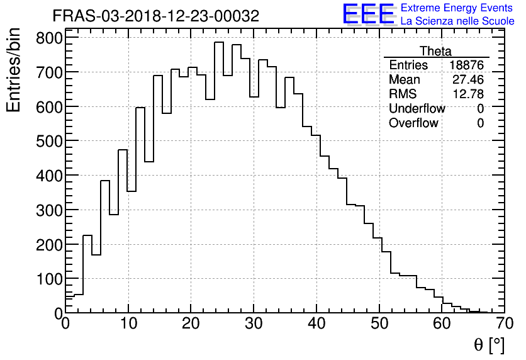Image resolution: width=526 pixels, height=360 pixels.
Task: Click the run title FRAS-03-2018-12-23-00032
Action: pos(155,16)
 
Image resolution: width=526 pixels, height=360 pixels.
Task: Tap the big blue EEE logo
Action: pos(368,14)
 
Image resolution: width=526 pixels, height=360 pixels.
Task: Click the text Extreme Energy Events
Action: pos(457,8)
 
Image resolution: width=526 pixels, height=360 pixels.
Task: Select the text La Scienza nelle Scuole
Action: pos(457,21)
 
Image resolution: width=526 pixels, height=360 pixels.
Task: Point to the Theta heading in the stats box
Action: pos(435,52)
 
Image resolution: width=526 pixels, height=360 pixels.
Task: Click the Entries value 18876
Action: pos(466,65)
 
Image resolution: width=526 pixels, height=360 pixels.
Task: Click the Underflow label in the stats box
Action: pos(417,109)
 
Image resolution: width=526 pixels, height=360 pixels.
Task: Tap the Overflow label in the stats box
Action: pos(413,123)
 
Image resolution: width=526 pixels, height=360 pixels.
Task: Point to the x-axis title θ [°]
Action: pos(488,345)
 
